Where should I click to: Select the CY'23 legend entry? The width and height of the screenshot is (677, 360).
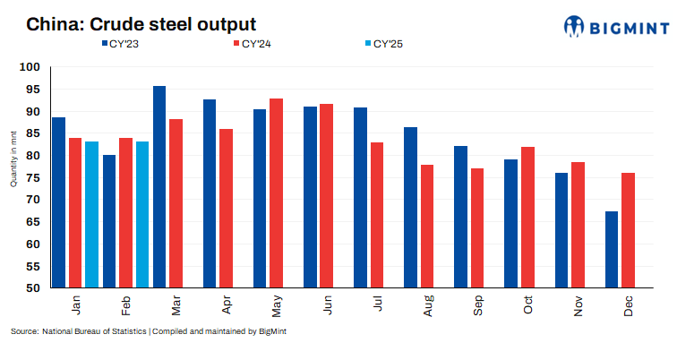[x=126, y=43]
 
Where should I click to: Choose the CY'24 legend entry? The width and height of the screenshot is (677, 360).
[x=252, y=43]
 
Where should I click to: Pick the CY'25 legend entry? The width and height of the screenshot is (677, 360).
[x=381, y=43]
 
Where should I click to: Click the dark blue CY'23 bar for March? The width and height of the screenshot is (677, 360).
[x=159, y=187]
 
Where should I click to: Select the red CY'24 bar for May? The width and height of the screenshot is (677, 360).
[x=277, y=193]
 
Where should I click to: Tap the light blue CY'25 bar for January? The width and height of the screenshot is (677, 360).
[x=91, y=215]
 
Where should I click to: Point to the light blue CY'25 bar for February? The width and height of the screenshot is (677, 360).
[x=142, y=215]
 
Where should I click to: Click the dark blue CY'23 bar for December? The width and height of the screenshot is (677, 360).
[x=612, y=250]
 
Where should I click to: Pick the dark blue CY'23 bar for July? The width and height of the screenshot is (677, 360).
[x=360, y=198]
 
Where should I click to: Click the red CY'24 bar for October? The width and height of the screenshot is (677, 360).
[x=527, y=218]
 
